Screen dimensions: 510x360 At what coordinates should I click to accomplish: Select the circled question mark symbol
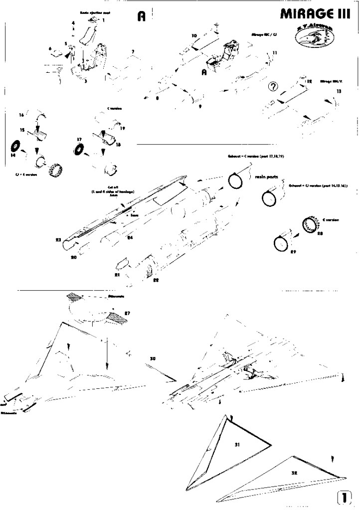(x=273, y=87)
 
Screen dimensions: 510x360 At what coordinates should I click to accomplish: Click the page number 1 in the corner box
(x=345, y=498)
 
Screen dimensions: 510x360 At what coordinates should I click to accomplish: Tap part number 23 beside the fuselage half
(x=59, y=240)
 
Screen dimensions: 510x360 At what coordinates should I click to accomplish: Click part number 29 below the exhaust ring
(x=293, y=252)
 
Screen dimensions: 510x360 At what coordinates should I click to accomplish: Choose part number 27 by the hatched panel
(x=127, y=313)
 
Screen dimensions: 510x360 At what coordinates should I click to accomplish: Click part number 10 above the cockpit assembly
(x=194, y=35)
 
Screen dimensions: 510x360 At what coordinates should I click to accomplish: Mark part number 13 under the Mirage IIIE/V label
(x=339, y=92)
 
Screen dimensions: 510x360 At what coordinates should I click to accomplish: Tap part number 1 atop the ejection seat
(x=104, y=20)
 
